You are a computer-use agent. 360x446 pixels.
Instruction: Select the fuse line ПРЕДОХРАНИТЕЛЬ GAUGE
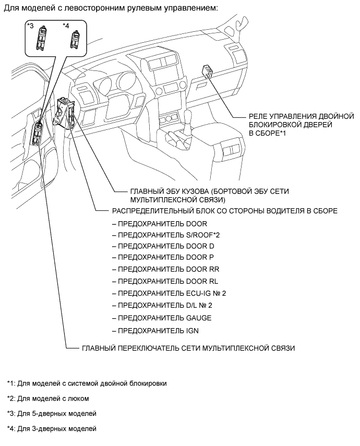(164, 318)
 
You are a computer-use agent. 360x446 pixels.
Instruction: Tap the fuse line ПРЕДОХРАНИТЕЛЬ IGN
(159, 331)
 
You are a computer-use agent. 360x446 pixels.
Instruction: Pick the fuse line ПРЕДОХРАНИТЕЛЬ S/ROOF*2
(170, 234)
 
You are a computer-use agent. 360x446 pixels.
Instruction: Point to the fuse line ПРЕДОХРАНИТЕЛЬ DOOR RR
(168, 270)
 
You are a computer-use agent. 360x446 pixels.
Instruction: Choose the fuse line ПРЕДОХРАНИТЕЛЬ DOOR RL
(168, 282)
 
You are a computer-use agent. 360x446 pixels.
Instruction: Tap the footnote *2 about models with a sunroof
(48, 399)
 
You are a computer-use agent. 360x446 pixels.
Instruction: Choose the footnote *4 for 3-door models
(52, 429)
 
